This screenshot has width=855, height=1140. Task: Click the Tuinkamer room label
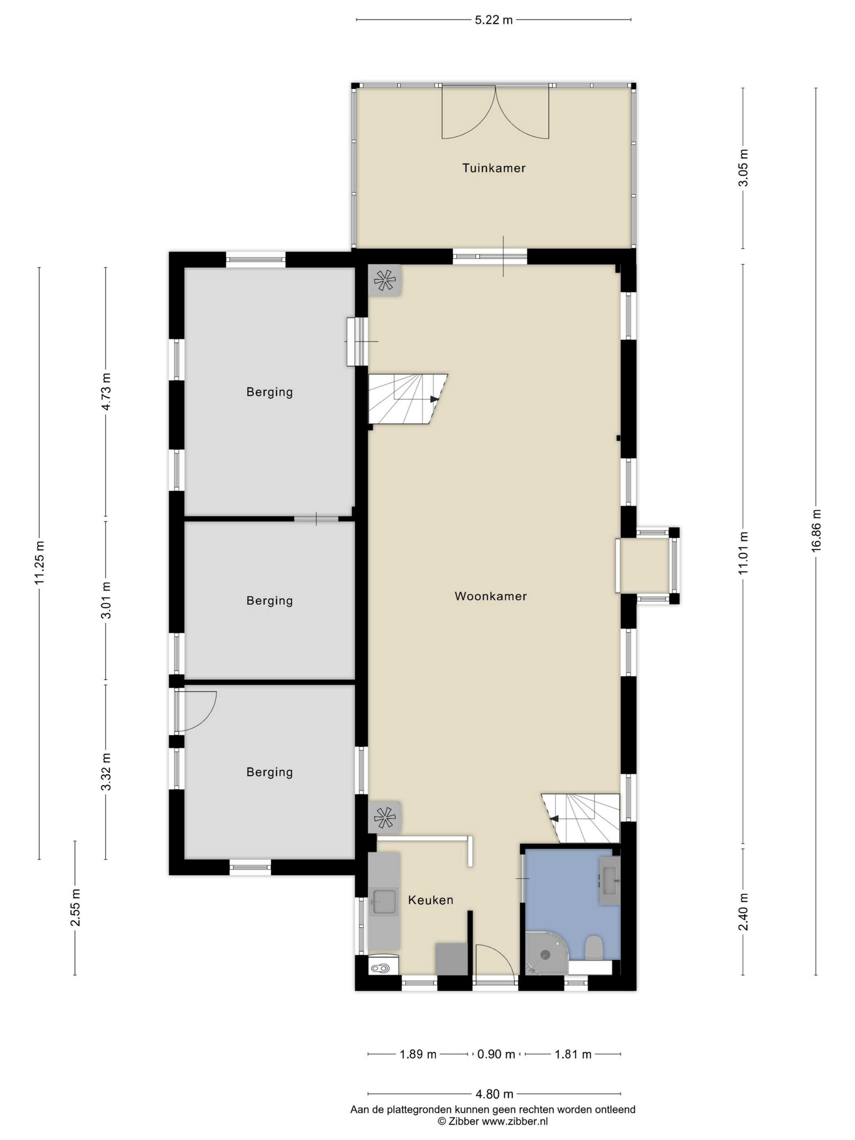point(493,168)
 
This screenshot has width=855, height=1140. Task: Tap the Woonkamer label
point(491,596)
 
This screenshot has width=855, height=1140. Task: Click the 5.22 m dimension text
point(493,20)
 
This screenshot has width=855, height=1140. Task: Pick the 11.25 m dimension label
point(39,562)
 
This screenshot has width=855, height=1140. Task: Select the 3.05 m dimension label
point(743,168)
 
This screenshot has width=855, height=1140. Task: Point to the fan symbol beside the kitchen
point(384,818)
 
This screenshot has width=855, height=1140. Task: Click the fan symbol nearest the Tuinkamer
point(384,281)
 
